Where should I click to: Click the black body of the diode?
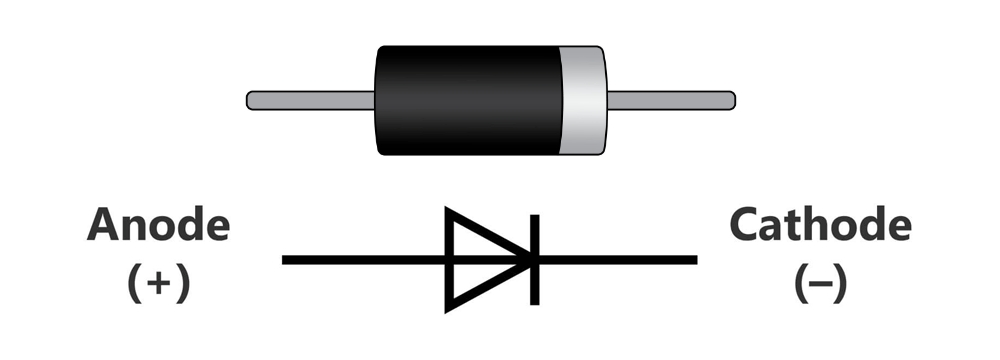(x=465, y=100)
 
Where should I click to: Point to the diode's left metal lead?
(x=310, y=100)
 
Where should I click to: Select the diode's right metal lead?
(x=670, y=100)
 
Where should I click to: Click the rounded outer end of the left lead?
(x=251, y=100)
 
